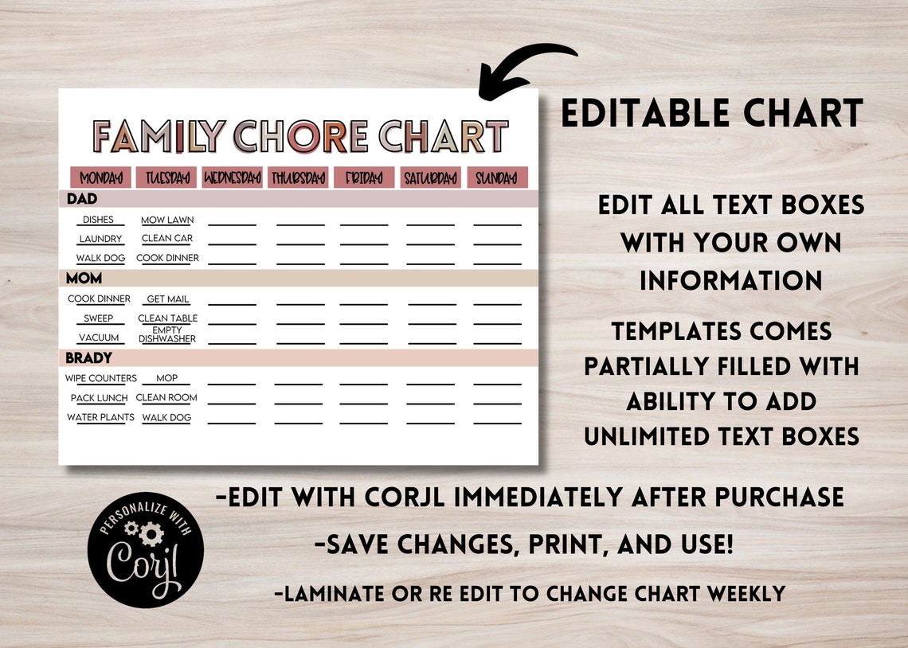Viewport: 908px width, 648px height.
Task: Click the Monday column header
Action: [100, 178]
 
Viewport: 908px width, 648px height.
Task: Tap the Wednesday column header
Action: [233, 178]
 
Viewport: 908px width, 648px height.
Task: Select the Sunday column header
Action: [497, 178]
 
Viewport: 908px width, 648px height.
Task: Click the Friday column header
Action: [364, 178]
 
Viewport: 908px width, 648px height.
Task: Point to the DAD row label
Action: [82, 198]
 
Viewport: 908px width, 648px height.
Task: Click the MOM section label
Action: [84, 278]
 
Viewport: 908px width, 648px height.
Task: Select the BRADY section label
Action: [88, 357]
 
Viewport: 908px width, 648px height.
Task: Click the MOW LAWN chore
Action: [167, 220]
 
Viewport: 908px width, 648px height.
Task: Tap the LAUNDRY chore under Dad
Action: [100, 239]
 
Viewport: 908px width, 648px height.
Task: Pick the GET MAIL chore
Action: [167, 299]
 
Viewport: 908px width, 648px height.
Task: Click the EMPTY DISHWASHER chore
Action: [167, 334]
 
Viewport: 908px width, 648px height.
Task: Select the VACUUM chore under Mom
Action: [99, 338]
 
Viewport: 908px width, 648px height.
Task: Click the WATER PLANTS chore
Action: [100, 417]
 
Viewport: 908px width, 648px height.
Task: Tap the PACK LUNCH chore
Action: [99, 397]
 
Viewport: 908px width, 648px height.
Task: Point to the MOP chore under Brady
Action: [167, 378]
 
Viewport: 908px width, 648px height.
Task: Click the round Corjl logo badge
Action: [146, 549]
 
